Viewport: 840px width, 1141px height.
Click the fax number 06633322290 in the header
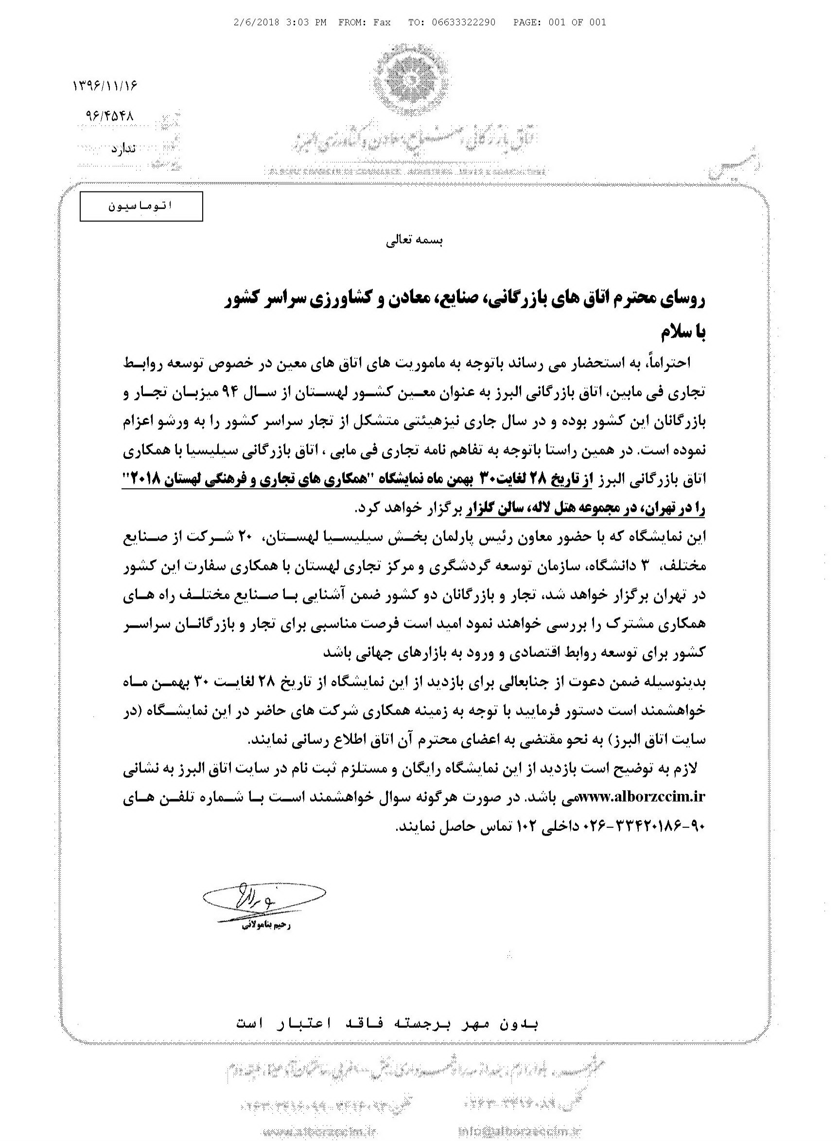click(463, 22)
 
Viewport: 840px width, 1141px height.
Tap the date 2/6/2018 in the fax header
click(254, 22)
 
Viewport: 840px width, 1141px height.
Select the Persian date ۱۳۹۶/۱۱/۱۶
click(106, 85)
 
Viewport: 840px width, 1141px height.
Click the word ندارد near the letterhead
click(123, 148)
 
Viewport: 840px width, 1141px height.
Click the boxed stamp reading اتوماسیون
click(141, 206)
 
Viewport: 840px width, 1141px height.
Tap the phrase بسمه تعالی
click(414, 242)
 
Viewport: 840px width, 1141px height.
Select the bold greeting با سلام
click(683, 333)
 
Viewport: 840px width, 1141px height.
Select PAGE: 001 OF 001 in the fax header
click(560, 22)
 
